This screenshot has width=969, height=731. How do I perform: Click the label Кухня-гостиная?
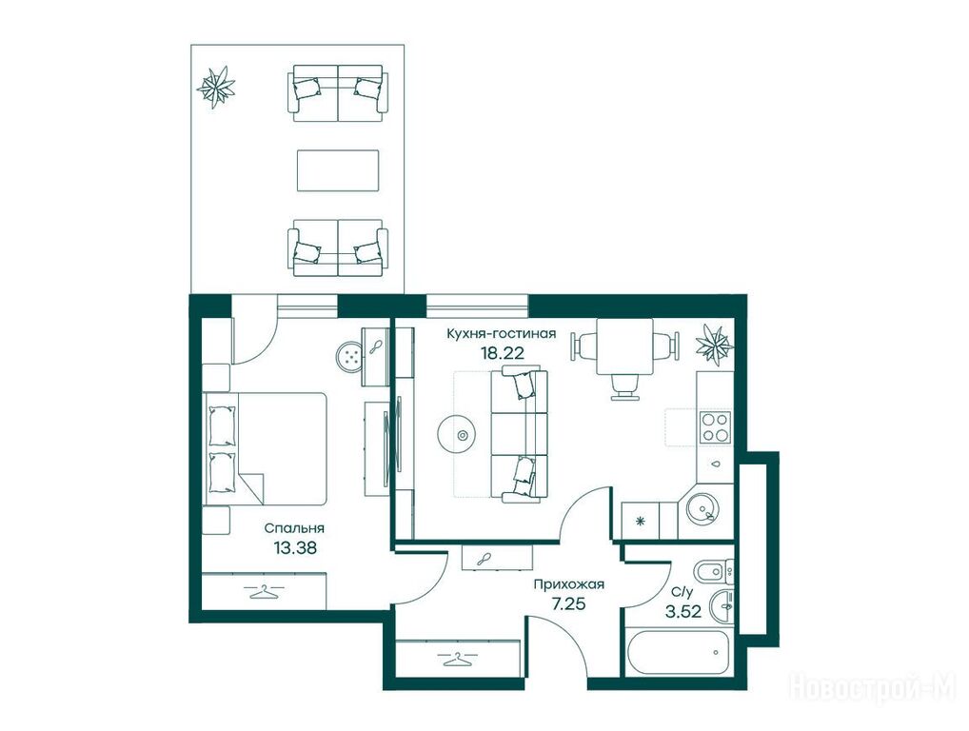click(502, 334)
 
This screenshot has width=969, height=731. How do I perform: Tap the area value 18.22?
click(503, 353)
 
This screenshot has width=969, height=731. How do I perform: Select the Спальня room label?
click(294, 529)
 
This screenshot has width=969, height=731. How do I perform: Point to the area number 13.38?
click(295, 547)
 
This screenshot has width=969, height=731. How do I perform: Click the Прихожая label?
click(568, 584)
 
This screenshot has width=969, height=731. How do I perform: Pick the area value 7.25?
click(568, 604)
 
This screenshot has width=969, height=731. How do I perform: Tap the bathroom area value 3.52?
click(682, 612)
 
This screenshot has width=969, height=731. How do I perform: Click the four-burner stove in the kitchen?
click(715, 427)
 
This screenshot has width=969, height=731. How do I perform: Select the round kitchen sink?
click(703, 508)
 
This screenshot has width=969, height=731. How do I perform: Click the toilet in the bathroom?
click(714, 572)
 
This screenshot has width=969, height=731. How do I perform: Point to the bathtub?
click(679, 653)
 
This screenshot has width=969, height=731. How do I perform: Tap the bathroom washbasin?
click(722, 606)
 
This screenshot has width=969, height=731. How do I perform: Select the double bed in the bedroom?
click(266, 448)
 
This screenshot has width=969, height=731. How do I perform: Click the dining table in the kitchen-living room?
click(625, 346)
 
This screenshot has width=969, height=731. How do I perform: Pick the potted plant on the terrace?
click(216, 88)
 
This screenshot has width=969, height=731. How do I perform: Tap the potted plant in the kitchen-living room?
click(716, 344)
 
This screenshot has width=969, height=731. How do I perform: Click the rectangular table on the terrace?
click(338, 170)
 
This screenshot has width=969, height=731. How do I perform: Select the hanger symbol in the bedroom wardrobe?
click(264, 591)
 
